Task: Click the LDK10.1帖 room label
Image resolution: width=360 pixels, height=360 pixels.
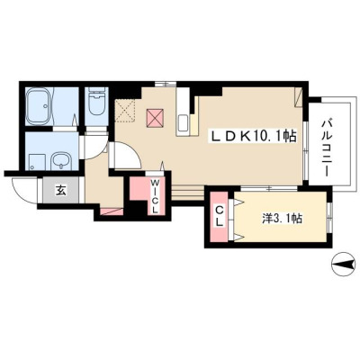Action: tap(255, 137)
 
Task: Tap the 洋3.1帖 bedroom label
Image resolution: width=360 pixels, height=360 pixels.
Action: tap(282, 219)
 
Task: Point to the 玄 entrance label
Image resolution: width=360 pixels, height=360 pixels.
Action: tap(60, 190)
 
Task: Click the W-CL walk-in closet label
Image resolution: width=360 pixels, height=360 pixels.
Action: tap(154, 196)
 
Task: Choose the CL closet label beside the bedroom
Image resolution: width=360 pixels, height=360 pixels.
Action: tap(220, 217)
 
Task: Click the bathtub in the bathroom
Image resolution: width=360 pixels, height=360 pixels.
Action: tap(40, 106)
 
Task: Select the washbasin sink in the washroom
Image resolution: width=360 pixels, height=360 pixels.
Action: tap(60, 160)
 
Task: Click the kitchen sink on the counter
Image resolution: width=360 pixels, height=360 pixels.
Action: tap(184, 123)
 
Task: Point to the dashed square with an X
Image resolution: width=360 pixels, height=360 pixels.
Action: tap(126, 110)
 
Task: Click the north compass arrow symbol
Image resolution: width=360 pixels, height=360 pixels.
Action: tap(344, 265)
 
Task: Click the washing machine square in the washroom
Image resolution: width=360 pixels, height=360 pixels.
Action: tap(37, 163)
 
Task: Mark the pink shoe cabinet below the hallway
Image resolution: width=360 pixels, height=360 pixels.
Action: tap(112, 211)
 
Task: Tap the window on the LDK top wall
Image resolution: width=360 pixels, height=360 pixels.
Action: tap(166, 85)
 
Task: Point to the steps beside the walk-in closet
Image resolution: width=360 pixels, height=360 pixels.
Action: tap(188, 193)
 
